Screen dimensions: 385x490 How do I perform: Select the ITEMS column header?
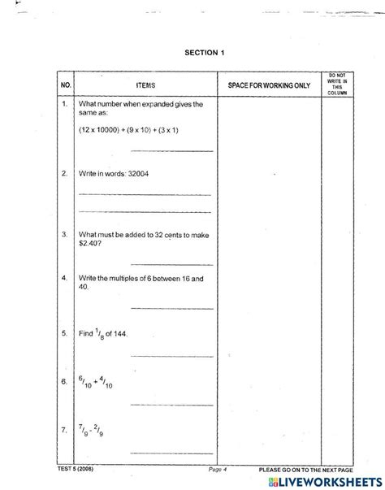(x=146, y=85)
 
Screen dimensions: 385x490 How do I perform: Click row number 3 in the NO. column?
(x=64, y=233)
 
